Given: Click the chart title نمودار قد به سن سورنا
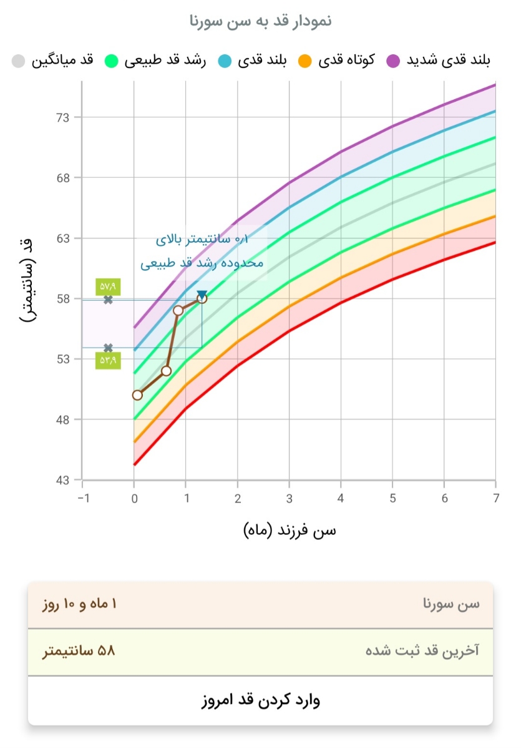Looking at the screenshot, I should click(x=260, y=21).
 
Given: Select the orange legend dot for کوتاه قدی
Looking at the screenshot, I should click(x=304, y=61).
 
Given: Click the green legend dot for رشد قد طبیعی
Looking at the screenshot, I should click(x=112, y=61).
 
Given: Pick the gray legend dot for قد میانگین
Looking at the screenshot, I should click(x=19, y=61).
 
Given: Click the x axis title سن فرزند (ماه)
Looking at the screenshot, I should click(x=289, y=531).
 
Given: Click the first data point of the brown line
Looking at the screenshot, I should click(x=137, y=395).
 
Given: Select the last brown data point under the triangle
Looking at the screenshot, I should click(x=202, y=298).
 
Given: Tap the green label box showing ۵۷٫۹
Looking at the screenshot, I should click(x=108, y=286).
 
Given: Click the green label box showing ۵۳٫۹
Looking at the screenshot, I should click(x=108, y=361).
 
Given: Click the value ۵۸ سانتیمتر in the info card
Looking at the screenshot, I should click(x=79, y=652).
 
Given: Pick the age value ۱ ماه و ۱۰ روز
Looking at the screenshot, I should click(x=79, y=605).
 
